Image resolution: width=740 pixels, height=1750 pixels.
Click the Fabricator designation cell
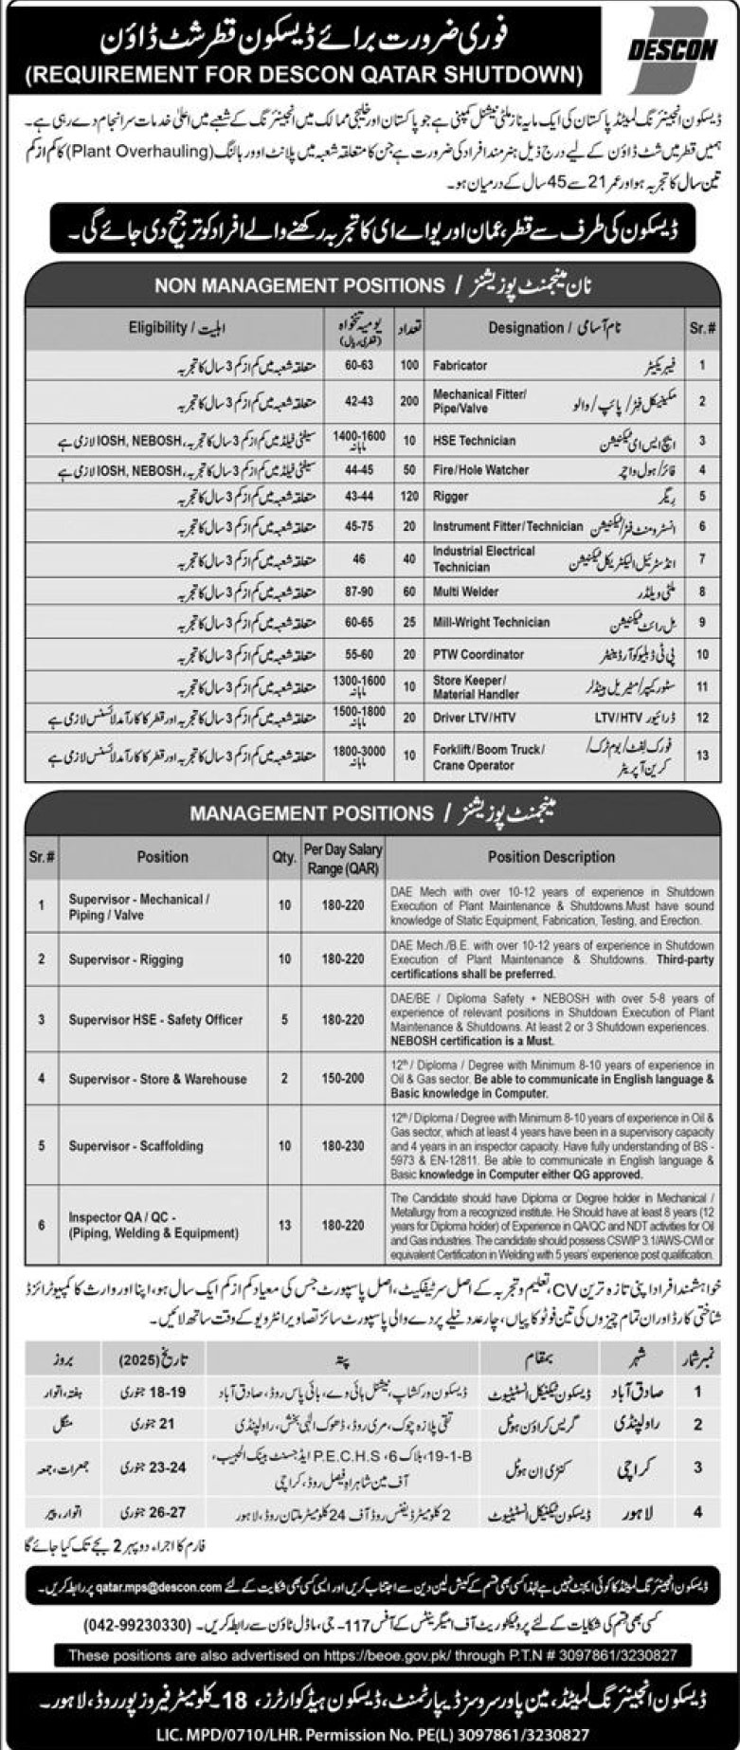460,365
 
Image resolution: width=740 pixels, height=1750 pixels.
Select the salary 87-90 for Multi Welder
358,592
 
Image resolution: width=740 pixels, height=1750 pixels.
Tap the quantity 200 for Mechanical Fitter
408,400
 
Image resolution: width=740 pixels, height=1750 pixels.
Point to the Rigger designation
450,496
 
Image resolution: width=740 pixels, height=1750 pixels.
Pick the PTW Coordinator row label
478,654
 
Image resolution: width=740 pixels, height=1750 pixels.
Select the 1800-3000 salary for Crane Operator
358,755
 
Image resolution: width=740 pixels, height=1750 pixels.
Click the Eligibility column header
175,327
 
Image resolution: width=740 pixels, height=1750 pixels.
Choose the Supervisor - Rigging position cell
125,959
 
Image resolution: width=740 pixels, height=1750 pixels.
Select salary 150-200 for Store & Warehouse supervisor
342,1079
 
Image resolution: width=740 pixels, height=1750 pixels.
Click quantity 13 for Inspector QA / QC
284,1225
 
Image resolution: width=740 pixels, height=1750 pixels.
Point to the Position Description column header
550,856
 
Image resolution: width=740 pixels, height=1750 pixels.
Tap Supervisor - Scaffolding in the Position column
135,1145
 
